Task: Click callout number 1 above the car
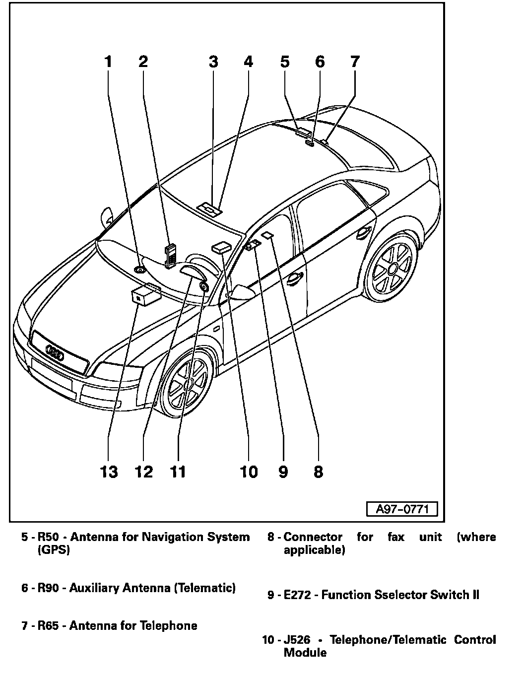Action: coord(108,62)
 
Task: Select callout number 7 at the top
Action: coord(355,62)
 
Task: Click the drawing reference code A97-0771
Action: coord(402,509)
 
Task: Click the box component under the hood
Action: coord(144,296)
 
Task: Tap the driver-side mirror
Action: coord(242,292)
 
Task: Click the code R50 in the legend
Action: coord(48,537)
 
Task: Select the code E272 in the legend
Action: coord(297,595)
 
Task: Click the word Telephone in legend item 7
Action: coord(169,625)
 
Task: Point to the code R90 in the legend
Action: coord(48,588)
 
